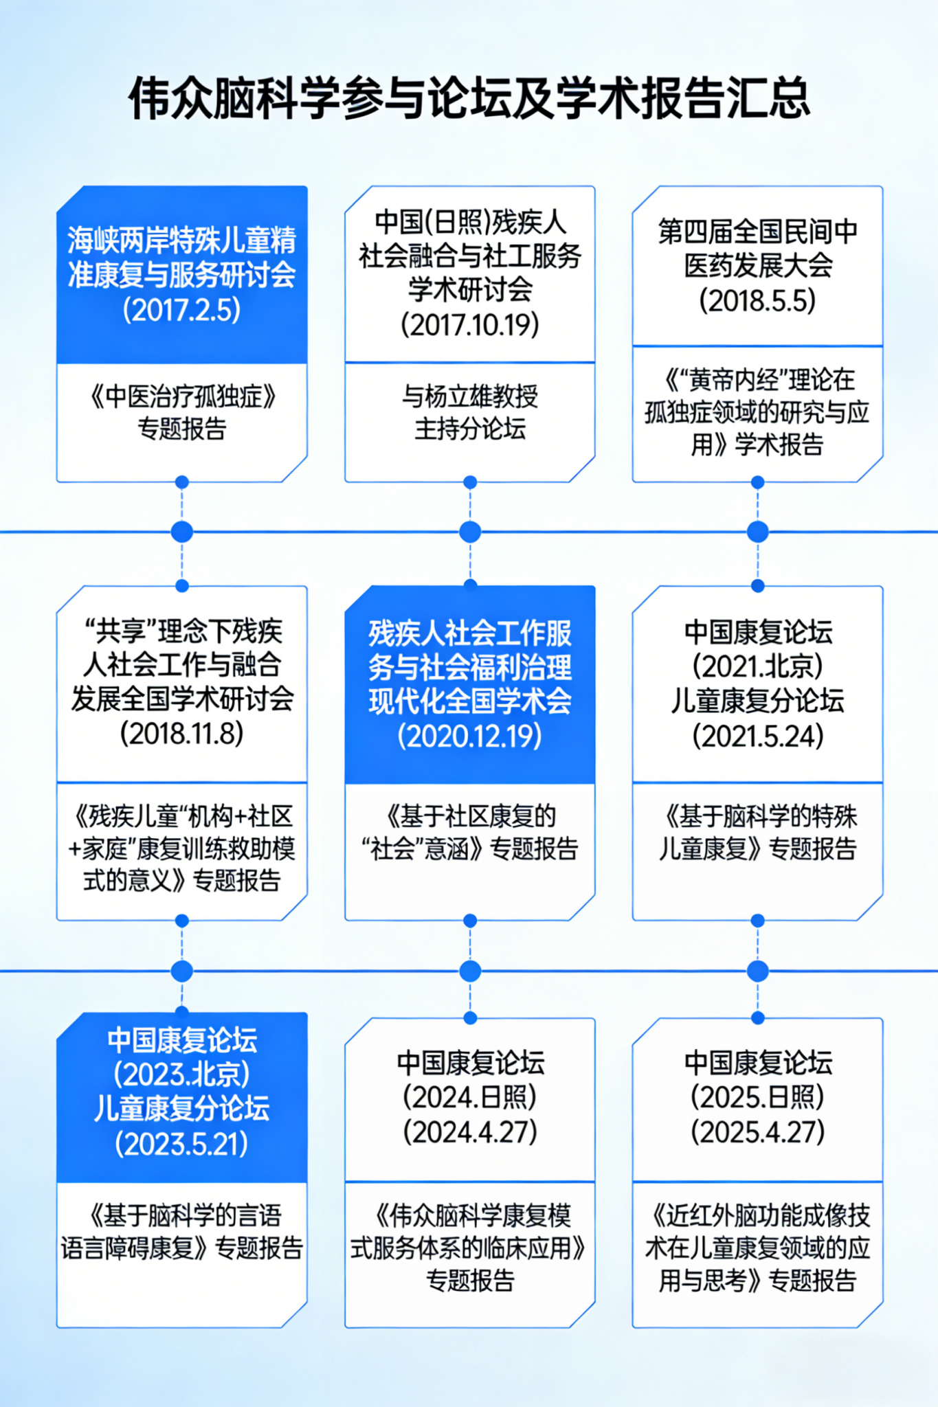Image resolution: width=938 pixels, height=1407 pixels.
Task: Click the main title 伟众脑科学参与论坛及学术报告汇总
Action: click(x=469, y=97)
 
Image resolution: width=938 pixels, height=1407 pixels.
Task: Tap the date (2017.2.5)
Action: click(x=181, y=310)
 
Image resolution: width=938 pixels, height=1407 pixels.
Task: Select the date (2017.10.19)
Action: click(x=470, y=324)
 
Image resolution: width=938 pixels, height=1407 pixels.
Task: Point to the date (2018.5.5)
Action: click(x=757, y=301)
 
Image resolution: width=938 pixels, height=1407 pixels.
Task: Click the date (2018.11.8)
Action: click(x=181, y=734)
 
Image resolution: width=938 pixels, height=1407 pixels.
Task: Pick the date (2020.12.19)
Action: click(x=470, y=736)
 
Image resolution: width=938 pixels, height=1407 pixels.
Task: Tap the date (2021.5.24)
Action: click(x=757, y=736)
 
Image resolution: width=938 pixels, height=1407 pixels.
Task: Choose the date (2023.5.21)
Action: click(x=181, y=1144)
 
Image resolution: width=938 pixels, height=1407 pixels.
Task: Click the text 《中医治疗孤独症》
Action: click(x=181, y=396)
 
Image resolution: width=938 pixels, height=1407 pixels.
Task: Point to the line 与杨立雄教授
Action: click(x=470, y=396)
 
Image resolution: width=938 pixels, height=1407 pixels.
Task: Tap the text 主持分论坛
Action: click(x=470, y=429)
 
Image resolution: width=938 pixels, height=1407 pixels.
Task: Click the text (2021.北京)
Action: click(x=757, y=666)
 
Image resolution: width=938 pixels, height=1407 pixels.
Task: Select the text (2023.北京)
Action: click(x=181, y=1074)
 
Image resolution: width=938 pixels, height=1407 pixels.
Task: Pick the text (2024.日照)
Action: click(x=470, y=1097)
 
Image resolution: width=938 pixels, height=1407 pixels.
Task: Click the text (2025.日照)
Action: click(x=757, y=1097)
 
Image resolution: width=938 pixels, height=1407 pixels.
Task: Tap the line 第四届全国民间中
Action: click(x=757, y=232)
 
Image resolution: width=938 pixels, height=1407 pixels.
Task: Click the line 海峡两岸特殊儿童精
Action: click(x=181, y=240)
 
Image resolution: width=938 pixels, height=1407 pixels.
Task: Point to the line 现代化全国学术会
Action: click(x=470, y=701)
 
